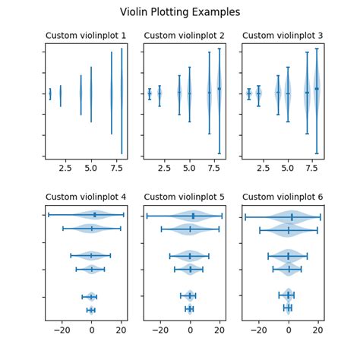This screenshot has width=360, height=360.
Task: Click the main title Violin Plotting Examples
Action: coord(180,12)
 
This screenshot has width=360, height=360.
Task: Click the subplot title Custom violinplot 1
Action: coord(86,36)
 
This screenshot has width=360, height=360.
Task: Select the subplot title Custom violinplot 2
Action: coord(185,36)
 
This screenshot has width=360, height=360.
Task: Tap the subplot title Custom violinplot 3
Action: coord(283,36)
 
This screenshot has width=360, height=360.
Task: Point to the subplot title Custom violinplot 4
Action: coord(86,197)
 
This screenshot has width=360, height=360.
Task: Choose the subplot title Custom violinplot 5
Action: coord(185,197)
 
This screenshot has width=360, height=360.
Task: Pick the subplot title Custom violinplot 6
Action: coord(283,197)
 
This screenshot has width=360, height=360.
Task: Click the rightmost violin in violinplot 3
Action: coord(317,89)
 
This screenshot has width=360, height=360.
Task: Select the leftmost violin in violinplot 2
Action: coord(149,94)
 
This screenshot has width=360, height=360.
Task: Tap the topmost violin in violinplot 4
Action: coord(94,215)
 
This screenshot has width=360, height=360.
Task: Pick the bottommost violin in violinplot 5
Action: coord(189,309)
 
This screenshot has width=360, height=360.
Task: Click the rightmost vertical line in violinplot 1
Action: coord(122,99)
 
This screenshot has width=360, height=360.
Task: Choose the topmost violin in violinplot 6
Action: coord(292,216)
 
